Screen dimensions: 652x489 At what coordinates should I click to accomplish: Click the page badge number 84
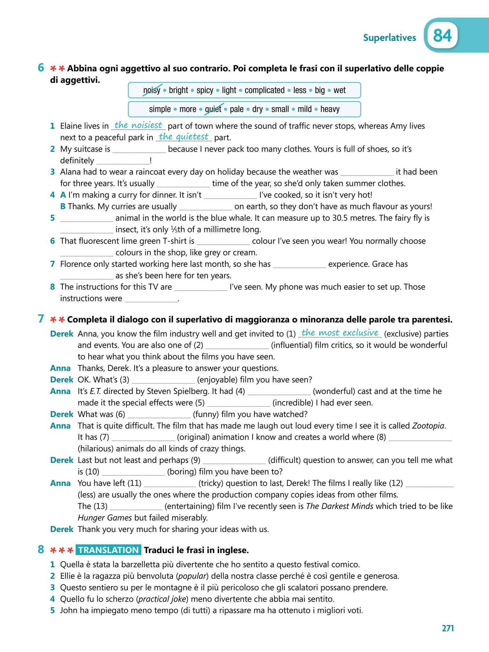point(443,36)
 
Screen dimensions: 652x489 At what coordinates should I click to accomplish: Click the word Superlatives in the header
point(389,38)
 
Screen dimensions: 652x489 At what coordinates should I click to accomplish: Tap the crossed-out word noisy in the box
point(152,90)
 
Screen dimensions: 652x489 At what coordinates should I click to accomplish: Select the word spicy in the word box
point(205,90)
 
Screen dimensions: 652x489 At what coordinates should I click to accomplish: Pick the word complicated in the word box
point(264,90)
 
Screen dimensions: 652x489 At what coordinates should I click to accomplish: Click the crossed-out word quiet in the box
point(213,109)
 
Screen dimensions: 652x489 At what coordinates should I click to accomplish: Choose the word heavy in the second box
point(330,109)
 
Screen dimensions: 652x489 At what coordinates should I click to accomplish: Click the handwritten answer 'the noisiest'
point(138,125)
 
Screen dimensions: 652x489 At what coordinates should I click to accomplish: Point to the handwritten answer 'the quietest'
point(183,137)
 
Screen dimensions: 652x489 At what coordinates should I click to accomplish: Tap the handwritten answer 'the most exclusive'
point(339,333)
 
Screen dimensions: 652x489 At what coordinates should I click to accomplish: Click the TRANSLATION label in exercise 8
point(108,550)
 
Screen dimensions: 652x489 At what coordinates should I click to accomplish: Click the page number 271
point(447,628)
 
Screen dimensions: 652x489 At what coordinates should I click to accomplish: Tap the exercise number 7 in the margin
point(41,319)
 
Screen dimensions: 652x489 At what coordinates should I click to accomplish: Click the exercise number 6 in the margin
point(41,67)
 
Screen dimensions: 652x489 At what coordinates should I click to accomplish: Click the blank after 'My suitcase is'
point(139,150)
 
